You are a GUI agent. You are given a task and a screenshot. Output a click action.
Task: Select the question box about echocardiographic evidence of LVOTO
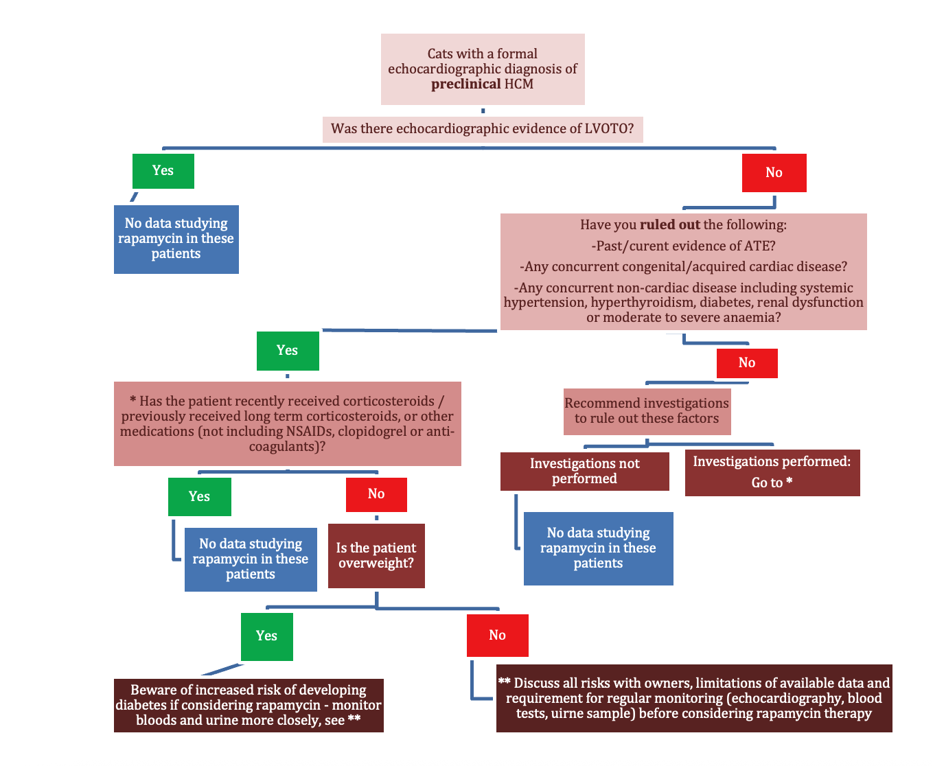(x=483, y=129)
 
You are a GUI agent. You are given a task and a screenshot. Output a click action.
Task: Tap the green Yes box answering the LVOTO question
(x=163, y=171)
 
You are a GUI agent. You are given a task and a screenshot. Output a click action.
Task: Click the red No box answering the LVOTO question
(x=774, y=173)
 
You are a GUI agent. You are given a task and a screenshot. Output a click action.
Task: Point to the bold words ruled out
(x=669, y=225)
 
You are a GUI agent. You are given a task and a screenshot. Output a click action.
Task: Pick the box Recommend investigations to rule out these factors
(x=647, y=411)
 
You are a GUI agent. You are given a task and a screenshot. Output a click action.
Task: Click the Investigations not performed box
(x=584, y=472)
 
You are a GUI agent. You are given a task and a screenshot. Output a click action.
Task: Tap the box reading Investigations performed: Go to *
(x=772, y=472)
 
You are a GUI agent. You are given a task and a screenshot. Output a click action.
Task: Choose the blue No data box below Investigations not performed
(x=598, y=548)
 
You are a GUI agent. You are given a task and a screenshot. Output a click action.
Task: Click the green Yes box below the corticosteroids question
(x=199, y=497)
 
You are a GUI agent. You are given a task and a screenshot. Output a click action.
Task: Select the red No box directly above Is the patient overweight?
(x=376, y=495)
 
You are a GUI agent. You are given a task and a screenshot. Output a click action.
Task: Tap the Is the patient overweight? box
(x=376, y=556)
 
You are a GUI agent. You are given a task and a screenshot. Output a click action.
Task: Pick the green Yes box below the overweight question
(x=266, y=636)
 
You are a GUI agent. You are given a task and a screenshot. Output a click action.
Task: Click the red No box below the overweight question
(x=497, y=636)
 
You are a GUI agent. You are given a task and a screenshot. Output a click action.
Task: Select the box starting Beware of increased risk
(x=249, y=705)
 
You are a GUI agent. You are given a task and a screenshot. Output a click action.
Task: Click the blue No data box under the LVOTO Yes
(x=176, y=239)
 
